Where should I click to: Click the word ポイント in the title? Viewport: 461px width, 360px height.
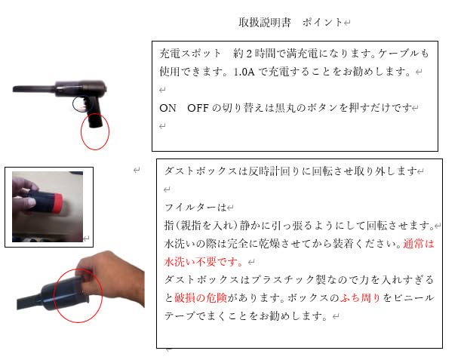pos(322,23)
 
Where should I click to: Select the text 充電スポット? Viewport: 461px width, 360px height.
pos(191,54)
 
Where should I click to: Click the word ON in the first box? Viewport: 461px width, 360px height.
pos(167,108)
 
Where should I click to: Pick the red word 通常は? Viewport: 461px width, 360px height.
pos(419,244)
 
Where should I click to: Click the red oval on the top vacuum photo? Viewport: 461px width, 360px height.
pos(95,133)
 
